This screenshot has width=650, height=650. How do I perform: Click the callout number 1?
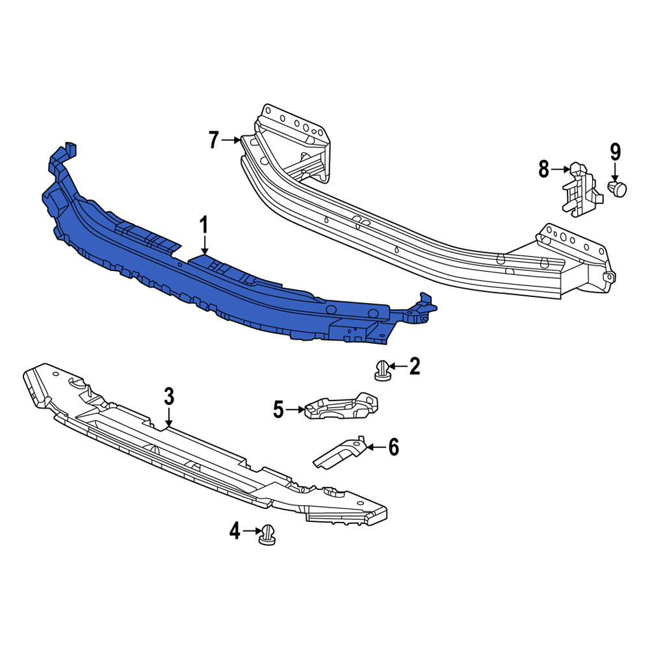(203, 226)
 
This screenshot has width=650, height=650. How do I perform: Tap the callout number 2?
(415, 366)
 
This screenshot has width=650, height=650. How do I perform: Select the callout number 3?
(169, 396)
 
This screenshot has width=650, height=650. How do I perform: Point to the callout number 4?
(235, 531)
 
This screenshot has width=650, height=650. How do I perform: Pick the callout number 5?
(278, 409)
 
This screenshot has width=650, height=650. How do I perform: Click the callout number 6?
(393, 447)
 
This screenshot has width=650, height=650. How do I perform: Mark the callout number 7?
(213, 140)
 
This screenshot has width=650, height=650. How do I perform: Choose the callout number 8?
(543, 169)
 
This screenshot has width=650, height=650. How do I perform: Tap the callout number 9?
(615, 152)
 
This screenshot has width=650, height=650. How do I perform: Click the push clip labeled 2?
(382, 370)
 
